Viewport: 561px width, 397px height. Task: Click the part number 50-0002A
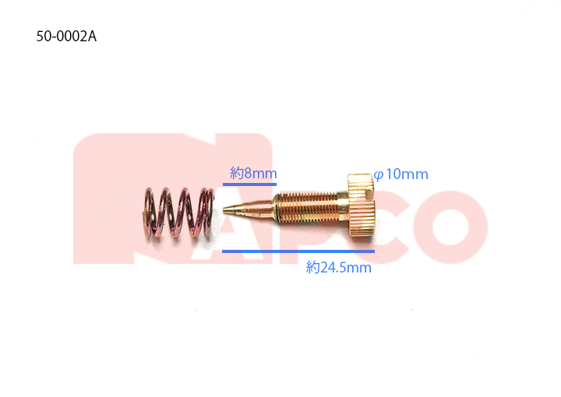66,37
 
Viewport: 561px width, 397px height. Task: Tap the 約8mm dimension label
253,174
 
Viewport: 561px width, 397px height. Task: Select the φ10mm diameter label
401,174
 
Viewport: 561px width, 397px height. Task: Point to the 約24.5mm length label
338,267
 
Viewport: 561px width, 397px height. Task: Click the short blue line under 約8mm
249,184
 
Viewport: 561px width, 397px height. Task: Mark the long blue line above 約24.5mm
298,251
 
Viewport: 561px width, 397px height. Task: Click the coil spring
179,213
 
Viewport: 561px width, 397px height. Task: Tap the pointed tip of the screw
224,209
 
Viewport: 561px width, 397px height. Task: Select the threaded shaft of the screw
308,207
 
